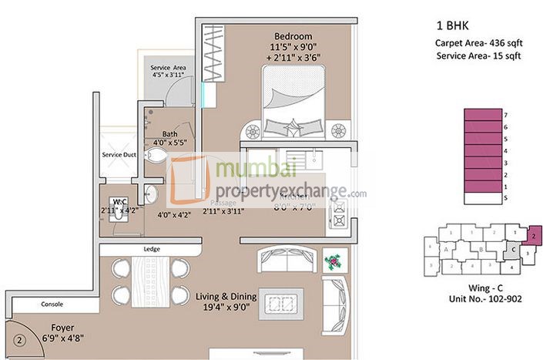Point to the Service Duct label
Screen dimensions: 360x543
(x=119, y=155)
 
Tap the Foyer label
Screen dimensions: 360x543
(x=57, y=327)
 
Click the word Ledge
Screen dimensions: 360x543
(x=151, y=249)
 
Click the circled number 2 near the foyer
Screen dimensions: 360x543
(x=21, y=337)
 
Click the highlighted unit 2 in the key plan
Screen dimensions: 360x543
(x=533, y=234)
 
